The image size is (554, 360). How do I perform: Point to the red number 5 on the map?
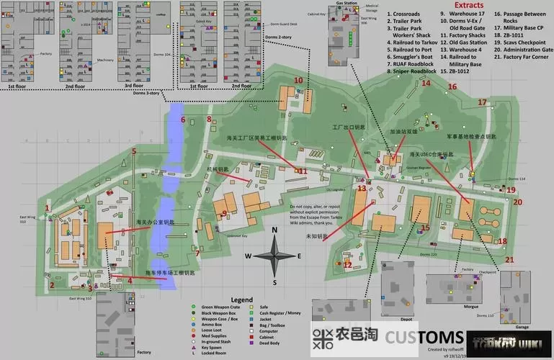click(x=134, y=151)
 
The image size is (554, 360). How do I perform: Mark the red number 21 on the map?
click(x=509, y=259)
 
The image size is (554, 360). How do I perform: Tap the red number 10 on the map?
click(x=298, y=80)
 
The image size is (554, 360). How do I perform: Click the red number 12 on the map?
click(x=348, y=265)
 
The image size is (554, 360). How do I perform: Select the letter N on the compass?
click(x=275, y=230)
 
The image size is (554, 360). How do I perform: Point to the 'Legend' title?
click(x=241, y=299)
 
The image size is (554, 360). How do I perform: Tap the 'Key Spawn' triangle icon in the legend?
click(x=194, y=347)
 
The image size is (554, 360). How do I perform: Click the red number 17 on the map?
click(x=482, y=102)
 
